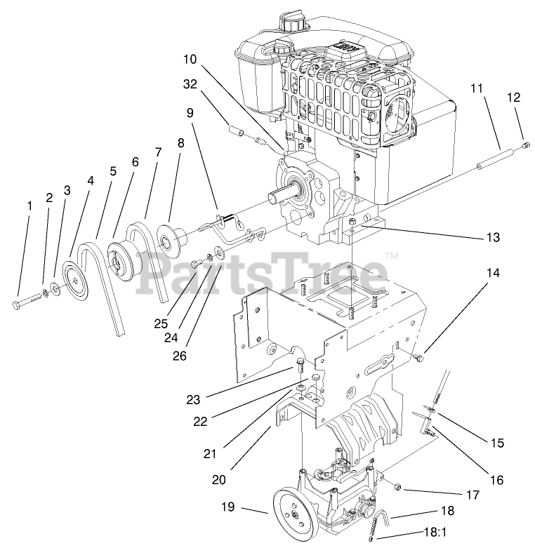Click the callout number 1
(29, 206)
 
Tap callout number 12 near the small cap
(514, 98)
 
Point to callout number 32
(190, 85)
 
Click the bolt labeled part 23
(300, 364)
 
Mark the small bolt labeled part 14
(420, 359)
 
